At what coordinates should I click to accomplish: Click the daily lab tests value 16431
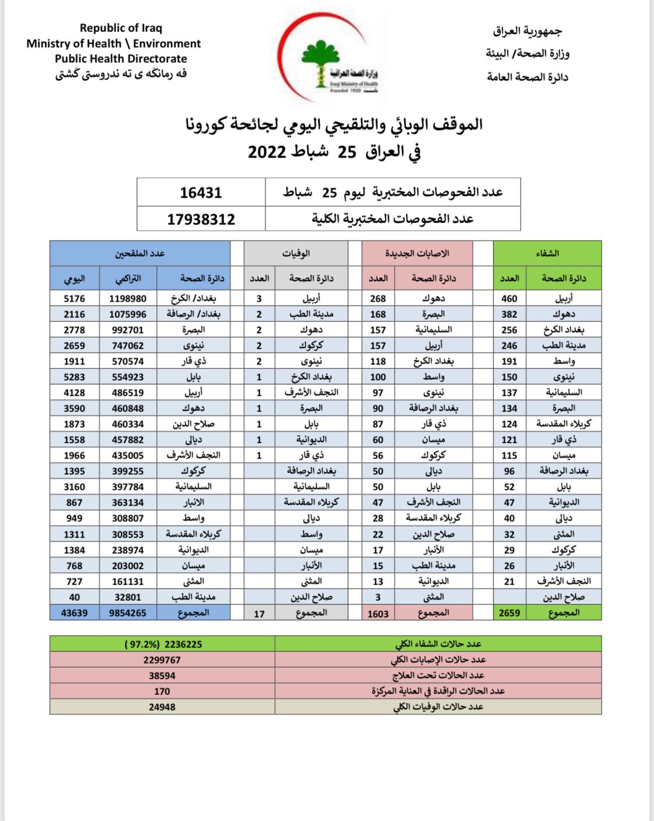201,193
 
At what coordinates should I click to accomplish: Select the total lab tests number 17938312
201,220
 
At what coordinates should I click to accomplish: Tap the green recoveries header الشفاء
547,253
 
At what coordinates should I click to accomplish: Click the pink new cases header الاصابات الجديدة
417,253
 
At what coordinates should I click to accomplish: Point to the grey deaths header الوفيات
296,253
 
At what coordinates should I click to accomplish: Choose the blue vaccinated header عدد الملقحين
140,253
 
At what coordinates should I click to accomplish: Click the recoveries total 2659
509,613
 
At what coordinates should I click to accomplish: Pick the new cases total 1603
378,614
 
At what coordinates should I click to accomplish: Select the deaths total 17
259,614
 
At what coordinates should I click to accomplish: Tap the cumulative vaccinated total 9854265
128,613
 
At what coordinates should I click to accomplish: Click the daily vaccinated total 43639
74,613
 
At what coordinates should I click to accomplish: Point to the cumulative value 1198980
128,299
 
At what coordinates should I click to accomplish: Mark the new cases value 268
378,299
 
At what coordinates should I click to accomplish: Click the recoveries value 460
509,299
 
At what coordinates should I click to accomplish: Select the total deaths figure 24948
162,707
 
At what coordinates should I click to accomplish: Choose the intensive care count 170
162,691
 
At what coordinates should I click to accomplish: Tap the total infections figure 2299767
162,660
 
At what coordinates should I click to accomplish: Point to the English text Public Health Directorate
121,59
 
